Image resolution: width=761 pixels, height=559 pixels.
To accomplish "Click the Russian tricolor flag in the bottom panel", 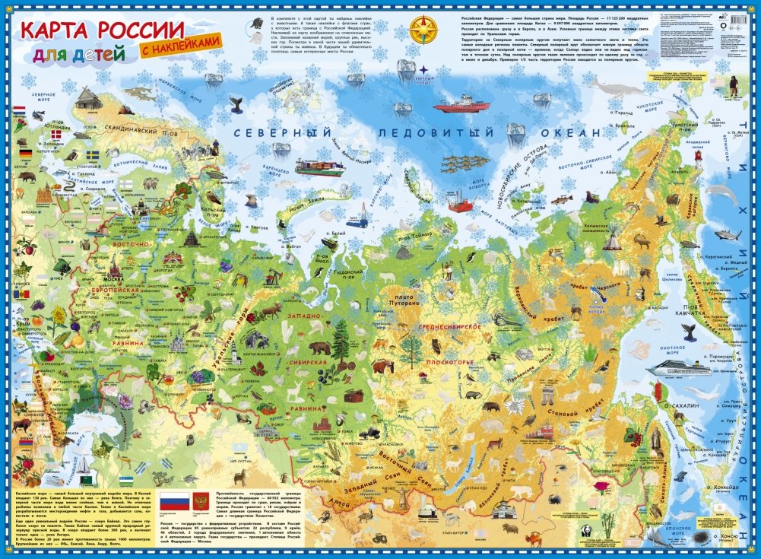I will (175, 501).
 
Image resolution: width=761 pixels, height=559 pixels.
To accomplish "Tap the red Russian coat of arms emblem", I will (201, 501).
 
